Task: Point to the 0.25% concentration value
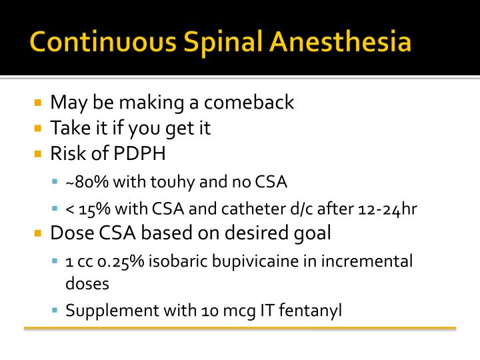[124, 261]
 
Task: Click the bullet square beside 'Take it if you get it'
[38, 128]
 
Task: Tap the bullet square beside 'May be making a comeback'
[38, 103]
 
